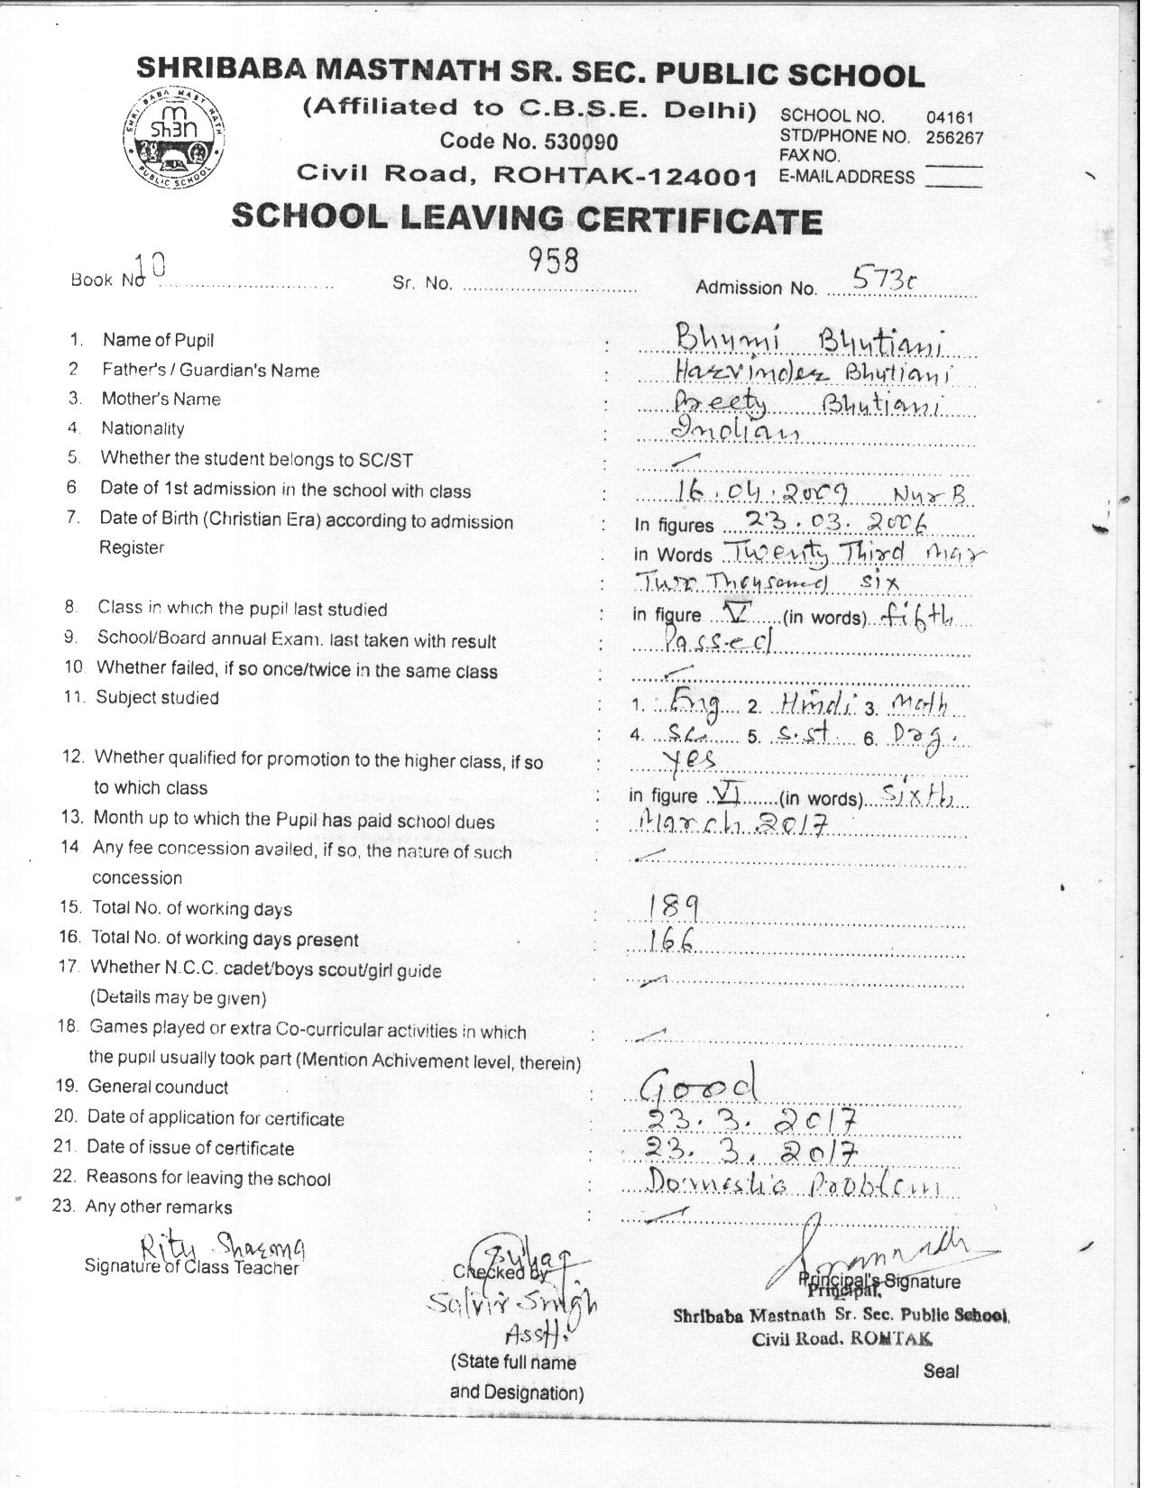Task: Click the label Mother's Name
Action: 161,399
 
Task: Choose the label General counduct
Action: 158,1087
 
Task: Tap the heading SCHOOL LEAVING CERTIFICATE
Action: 527,218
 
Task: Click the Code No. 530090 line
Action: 528,142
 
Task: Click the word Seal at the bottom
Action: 941,1371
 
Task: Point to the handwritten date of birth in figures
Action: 824,522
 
